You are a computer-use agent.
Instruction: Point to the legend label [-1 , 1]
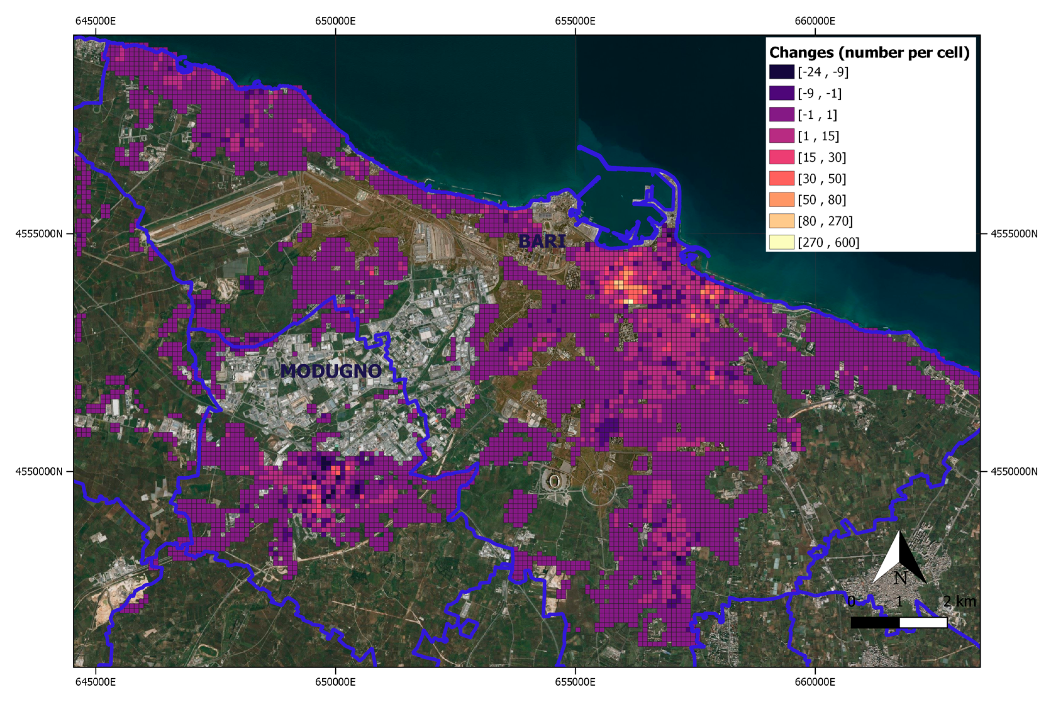pyautogui.click(x=817, y=115)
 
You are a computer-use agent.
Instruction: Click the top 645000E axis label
pyautogui.click(x=95, y=21)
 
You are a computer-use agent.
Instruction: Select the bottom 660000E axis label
pyautogui.click(x=815, y=682)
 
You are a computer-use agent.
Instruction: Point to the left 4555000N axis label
pyautogui.click(x=39, y=234)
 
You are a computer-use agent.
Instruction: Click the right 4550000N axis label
pyautogui.click(x=1014, y=471)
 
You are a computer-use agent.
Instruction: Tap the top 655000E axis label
pyautogui.click(x=575, y=21)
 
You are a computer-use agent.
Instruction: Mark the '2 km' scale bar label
pyautogui.click(x=959, y=601)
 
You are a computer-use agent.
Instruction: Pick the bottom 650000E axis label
pyautogui.click(x=335, y=682)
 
